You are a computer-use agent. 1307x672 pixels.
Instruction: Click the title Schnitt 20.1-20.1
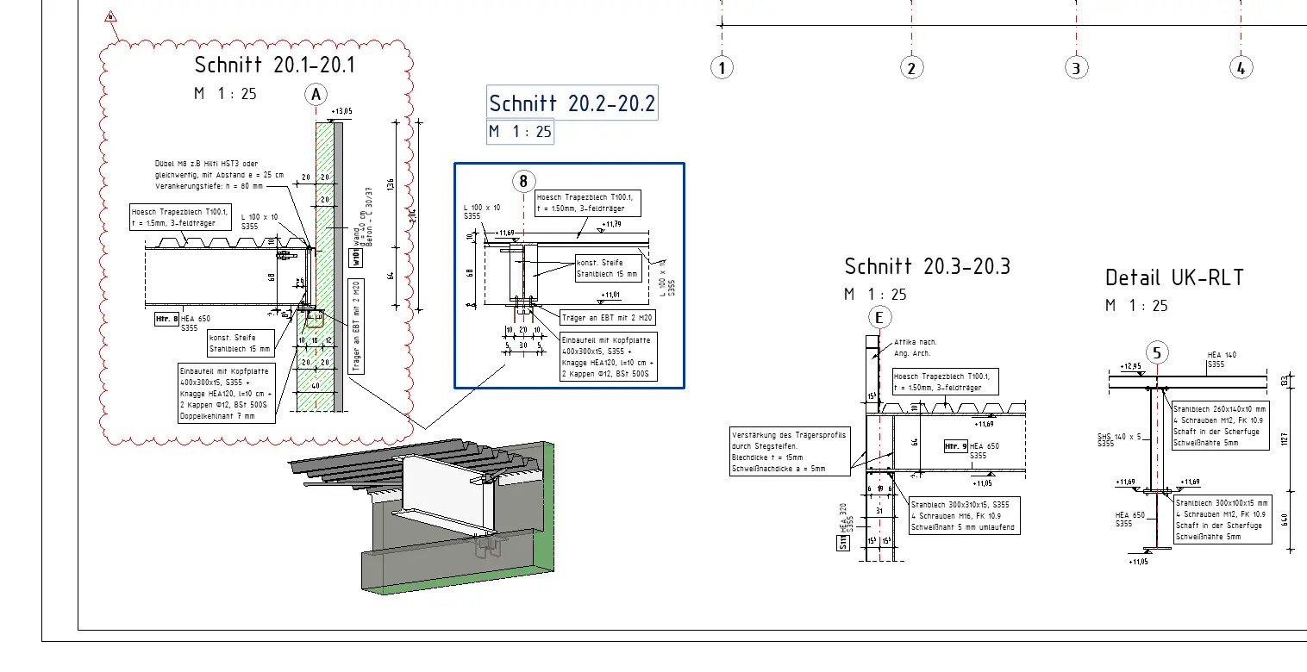[x=274, y=65]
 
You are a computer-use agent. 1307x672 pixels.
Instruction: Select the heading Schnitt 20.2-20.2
[x=572, y=103]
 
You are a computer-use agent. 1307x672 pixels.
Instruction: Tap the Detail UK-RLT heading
[x=1174, y=277]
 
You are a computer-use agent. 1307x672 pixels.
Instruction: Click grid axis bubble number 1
[x=722, y=68]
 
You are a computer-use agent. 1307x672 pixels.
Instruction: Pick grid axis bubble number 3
[x=1076, y=68]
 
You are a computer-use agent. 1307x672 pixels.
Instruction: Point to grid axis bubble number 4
[x=1240, y=68]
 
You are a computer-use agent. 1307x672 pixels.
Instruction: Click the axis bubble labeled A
[x=316, y=94]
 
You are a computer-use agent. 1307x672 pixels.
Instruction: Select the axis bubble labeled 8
[x=523, y=181]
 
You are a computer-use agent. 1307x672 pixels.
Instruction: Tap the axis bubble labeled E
[x=879, y=318]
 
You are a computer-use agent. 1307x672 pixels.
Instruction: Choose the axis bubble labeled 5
[x=1158, y=352]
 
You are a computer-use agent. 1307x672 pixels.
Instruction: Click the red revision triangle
[x=110, y=16]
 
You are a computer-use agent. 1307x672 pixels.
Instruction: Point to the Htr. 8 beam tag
[x=166, y=320]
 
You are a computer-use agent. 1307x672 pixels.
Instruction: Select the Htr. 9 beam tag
[x=955, y=446]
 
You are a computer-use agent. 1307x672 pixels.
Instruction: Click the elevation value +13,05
[x=342, y=111]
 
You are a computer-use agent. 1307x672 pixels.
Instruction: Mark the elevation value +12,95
[x=1130, y=366]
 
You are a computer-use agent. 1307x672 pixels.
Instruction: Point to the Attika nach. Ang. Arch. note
[x=915, y=347]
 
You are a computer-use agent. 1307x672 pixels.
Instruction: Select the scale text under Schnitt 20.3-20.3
[x=875, y=295]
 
